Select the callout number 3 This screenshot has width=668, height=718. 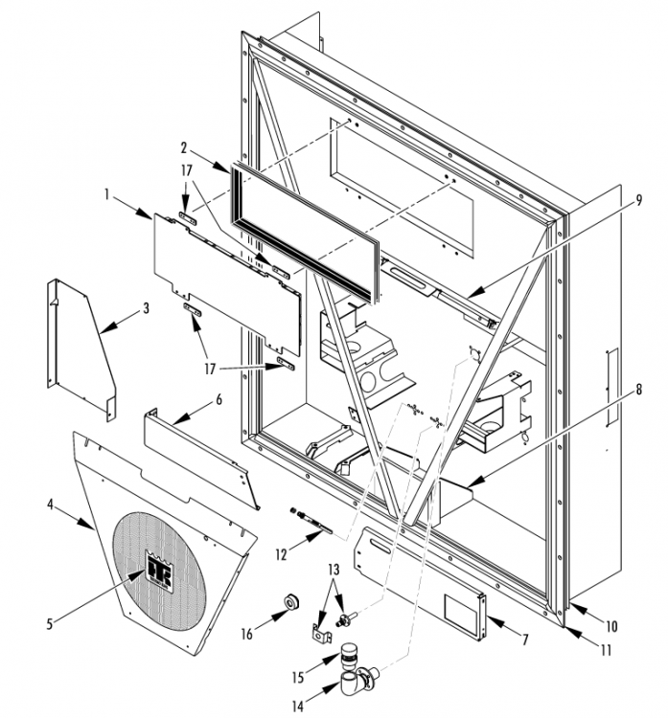[x=147, y=309]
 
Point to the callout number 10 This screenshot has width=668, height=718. [x=610, y=627]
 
